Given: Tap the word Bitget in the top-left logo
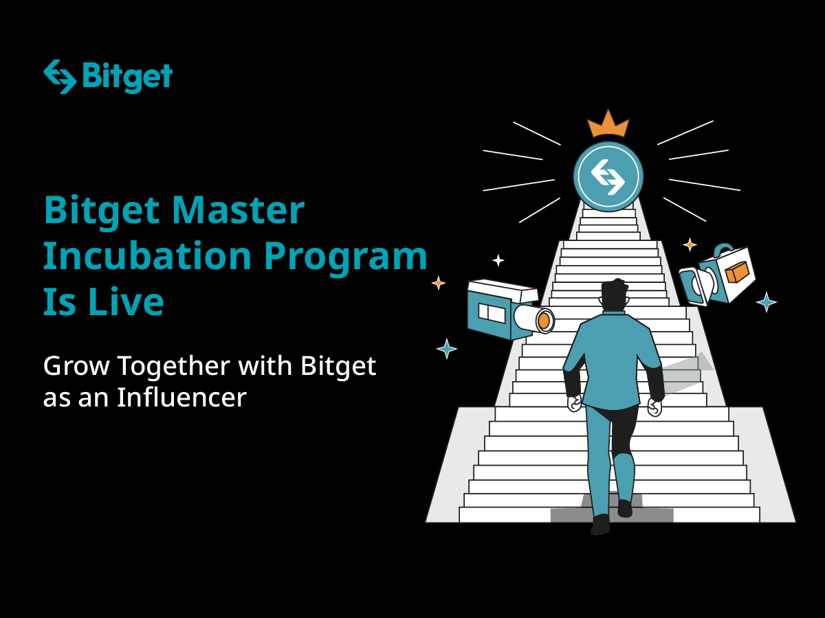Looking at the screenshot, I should (127, 77).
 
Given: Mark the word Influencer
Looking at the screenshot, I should (181, 398).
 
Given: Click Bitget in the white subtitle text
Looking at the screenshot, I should (338, 367).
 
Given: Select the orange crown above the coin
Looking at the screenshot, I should (608, 124).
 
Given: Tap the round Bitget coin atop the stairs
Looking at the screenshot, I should (608, 176).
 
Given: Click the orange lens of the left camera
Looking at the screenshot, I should (544, 320).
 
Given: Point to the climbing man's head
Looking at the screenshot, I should (614, 295).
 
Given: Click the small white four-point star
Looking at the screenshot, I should (498, 260).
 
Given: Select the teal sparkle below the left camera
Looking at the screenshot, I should (447, 349).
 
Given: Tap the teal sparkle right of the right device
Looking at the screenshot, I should (767, 301).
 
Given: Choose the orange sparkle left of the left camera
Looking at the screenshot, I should (438, 283).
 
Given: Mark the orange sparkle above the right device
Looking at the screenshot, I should (690, 244).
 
